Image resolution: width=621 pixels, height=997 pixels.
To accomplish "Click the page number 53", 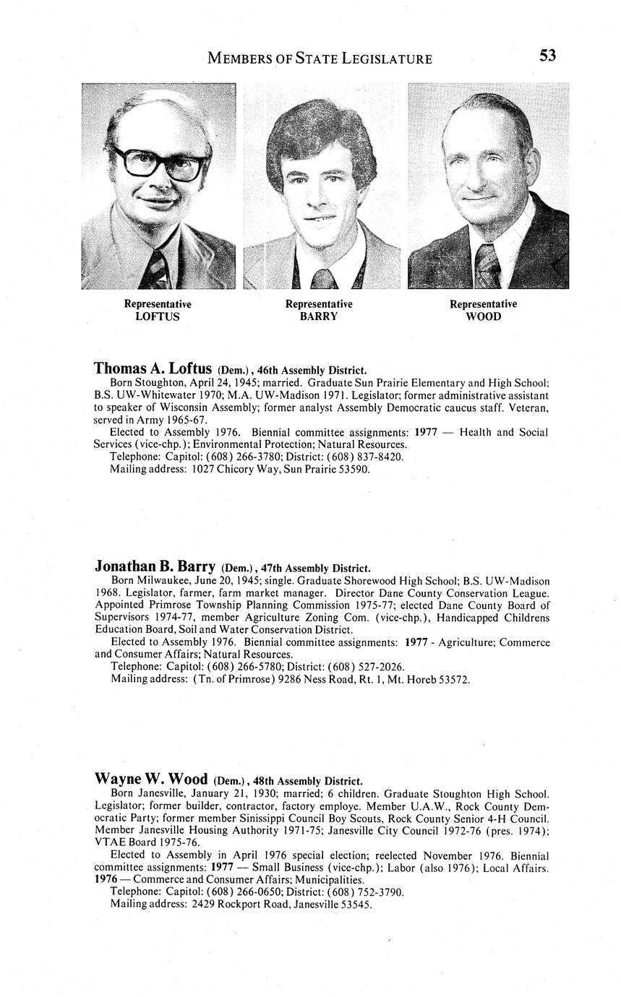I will (x=547, y=56).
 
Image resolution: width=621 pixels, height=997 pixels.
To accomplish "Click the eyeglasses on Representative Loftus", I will (x=160, y=163).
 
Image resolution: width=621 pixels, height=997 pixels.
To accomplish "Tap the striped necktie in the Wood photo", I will (x=487, y=265).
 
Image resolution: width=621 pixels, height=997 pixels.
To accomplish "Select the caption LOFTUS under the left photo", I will (x=158, y=316).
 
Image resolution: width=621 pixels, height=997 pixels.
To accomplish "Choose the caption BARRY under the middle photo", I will (x=319, y=316).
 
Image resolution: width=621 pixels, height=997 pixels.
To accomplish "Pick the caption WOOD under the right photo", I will (x=483, y=316).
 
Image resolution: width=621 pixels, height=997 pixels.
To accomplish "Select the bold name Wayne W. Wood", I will (x=151, y=779).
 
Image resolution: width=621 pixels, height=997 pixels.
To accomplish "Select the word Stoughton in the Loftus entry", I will (x=163, y=383).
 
